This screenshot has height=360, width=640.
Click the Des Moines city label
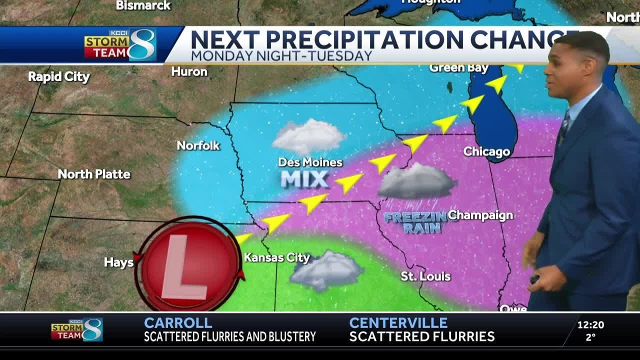310,162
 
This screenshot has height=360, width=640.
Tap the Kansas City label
277,258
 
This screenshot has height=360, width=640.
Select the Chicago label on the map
486,151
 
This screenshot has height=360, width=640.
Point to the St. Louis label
425,276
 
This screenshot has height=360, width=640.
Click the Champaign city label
480,215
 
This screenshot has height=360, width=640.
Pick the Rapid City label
58,77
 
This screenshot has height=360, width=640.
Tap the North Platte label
94,174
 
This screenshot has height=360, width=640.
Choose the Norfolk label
198,145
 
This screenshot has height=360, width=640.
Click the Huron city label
189,71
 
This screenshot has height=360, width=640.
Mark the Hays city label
118,262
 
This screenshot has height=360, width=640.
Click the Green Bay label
451,67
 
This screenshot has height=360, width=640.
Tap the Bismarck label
143,5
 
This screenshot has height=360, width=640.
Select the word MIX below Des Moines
304,179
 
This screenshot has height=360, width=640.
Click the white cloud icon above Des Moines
308,136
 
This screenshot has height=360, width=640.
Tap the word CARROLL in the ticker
178,323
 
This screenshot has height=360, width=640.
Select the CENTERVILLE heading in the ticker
398,323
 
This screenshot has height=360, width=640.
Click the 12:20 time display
590,325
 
